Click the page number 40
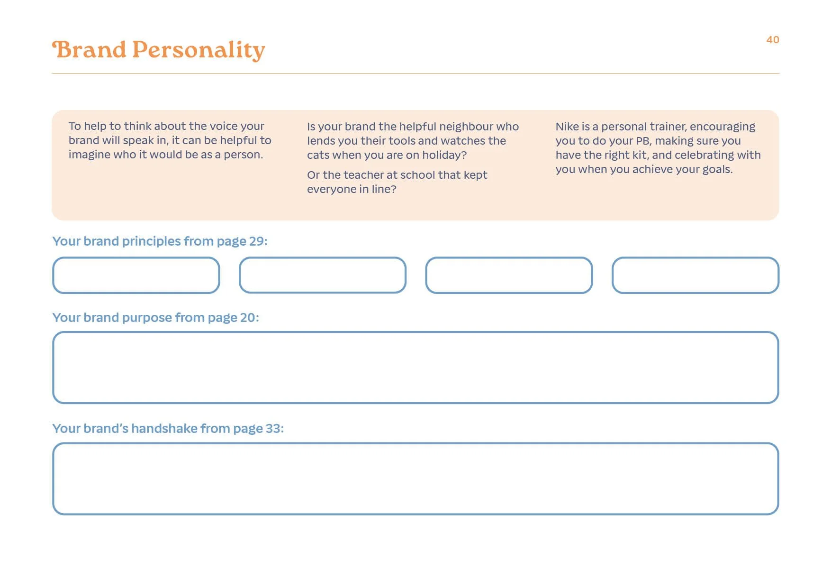[x=772, y=40]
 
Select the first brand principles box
[x=136, y=276]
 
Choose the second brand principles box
[x=323, y=276]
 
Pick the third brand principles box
[x=509, y=276]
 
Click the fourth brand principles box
[x=695, y=276]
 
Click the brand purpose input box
[x=415, y=367]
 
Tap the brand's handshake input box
[x=415, y=478]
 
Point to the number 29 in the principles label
[x=256, y=241]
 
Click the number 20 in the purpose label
[x=248, y=318]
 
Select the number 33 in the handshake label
[x=273, y=429]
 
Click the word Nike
[x=567, y=127]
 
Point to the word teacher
[x=363, y=175]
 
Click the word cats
[x=318, y=155]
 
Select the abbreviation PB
[x=642, y=141]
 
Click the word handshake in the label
[x=164, y=429]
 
